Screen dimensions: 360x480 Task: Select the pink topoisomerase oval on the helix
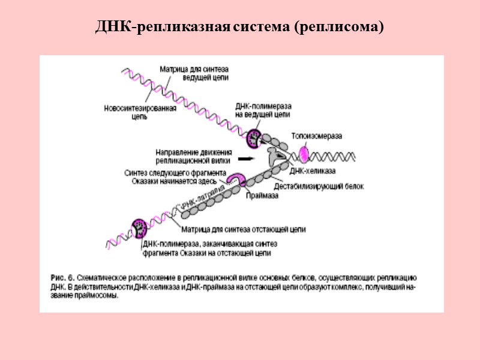click(x=307, y=155)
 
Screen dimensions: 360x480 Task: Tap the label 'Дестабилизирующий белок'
click(x=319, y=186)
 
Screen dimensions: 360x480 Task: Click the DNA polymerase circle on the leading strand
click(x=254, y=139)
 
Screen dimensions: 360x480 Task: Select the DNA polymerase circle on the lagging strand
click(x=140, y=229)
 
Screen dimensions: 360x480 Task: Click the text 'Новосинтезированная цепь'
click(x=139, y=113)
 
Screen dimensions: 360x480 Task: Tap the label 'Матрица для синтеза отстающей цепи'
click(x=244, y=229)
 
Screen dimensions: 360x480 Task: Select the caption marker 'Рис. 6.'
click(x=61, y=278)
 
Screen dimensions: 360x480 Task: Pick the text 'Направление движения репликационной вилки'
click(x=193, y=156)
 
